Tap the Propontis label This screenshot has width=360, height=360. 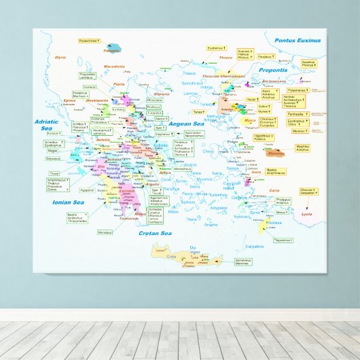272,70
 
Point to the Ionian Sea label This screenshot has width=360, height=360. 67,202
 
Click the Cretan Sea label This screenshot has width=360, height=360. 154,233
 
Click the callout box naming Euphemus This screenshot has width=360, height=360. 215,48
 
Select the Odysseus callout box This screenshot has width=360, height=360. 53,158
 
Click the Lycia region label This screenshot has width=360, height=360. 307,214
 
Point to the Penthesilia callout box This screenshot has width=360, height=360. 295,114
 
